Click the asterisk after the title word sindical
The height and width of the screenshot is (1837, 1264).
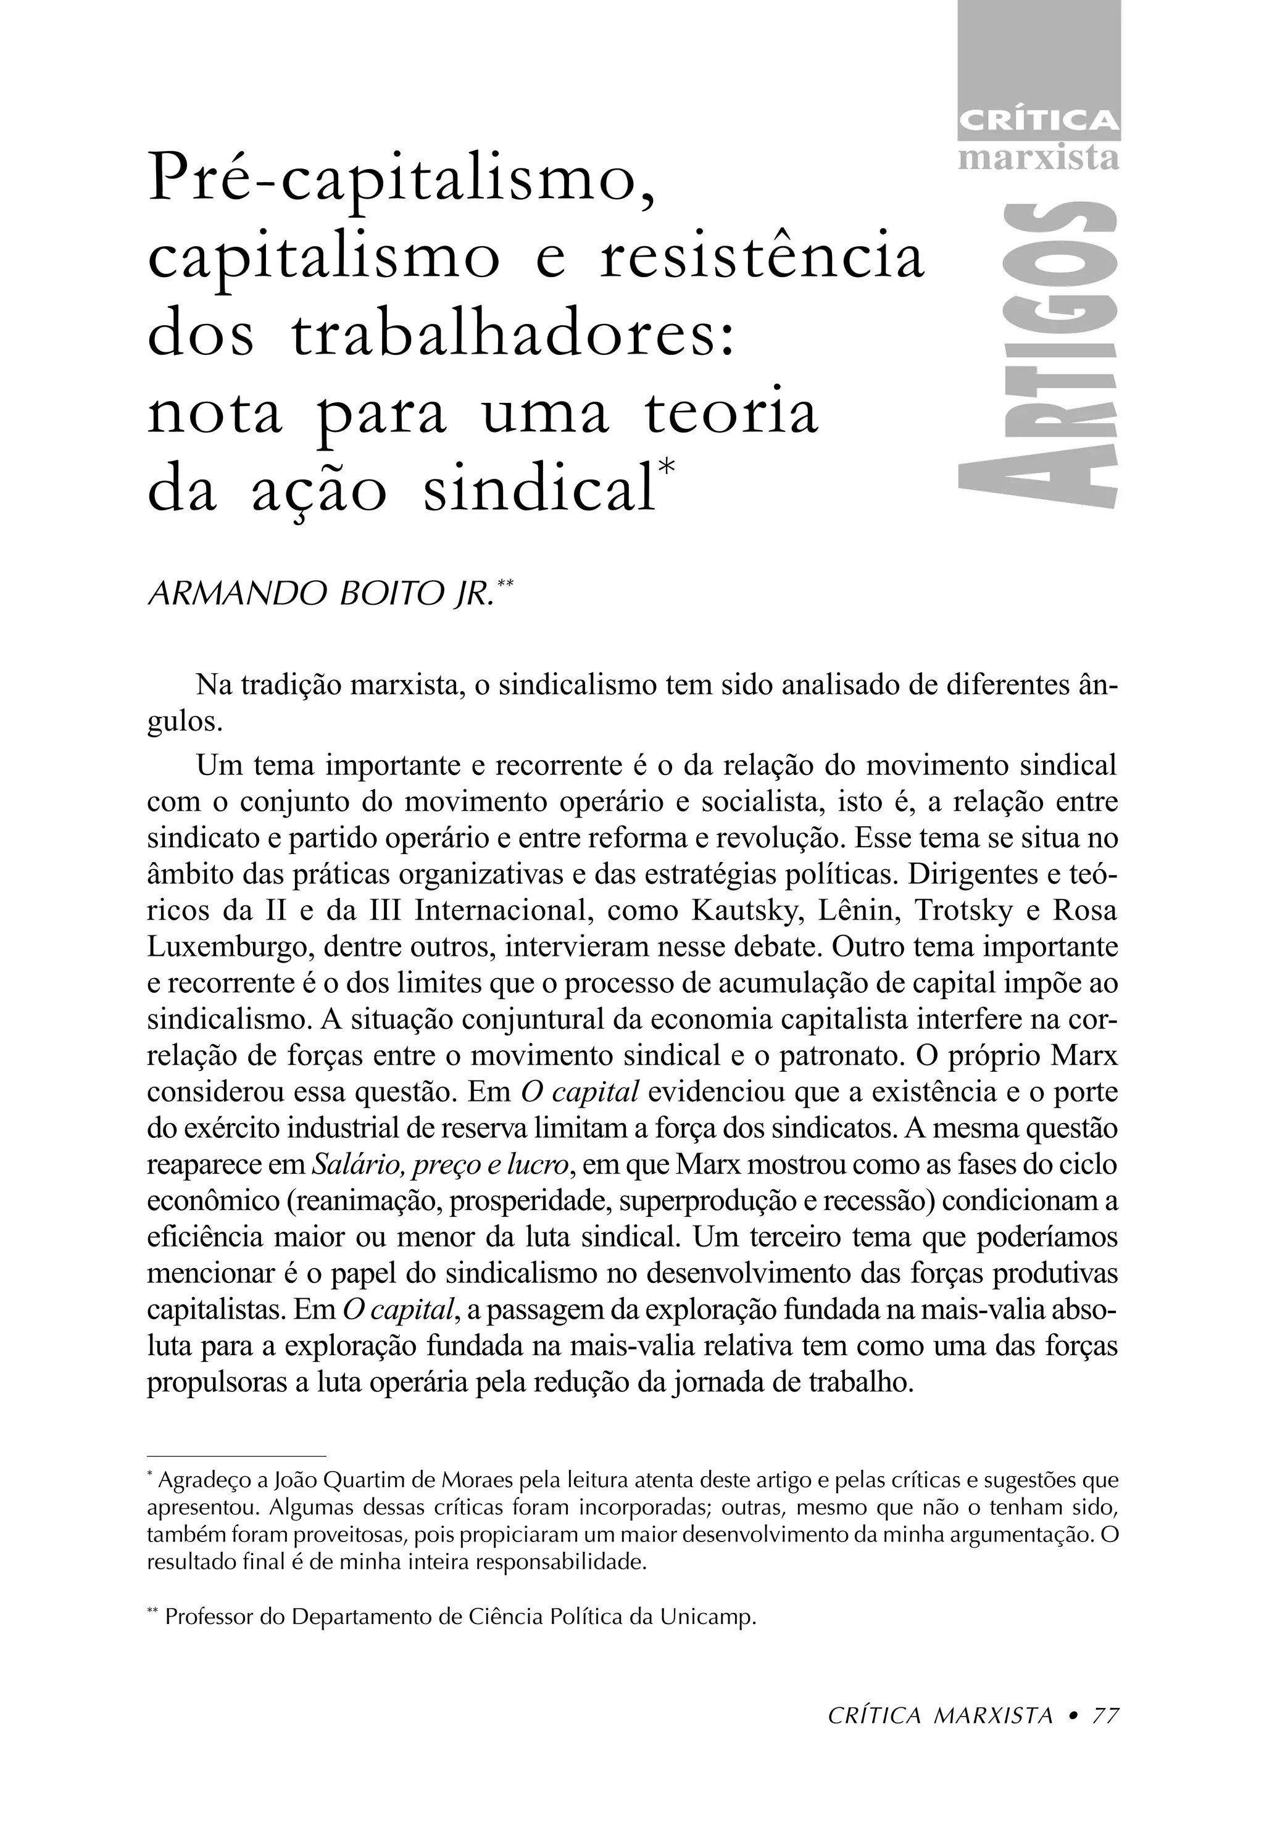click(666, 467)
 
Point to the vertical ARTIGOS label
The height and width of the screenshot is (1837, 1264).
click(1038, 356)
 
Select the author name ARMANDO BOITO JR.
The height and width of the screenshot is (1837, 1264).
click(321, 594)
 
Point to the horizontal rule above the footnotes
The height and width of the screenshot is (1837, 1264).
click(237, 1456)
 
